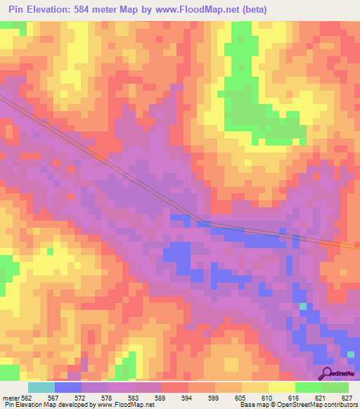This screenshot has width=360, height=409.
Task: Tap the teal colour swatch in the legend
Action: [41, 387]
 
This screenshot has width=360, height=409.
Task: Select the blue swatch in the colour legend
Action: [67, 387]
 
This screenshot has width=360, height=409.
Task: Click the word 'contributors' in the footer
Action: [340, 405]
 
